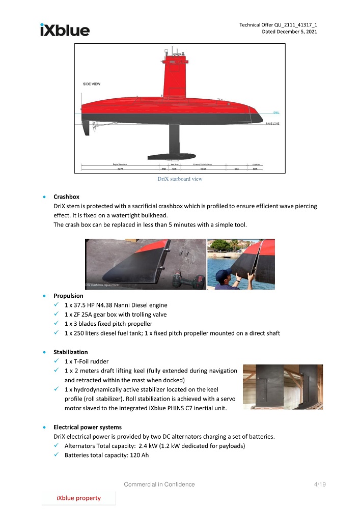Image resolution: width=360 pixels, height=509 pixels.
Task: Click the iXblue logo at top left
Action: click(65, 30)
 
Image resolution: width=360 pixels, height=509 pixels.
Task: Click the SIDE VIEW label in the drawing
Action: click(92, 83)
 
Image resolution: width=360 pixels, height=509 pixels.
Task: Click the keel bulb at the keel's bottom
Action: click(173, 157)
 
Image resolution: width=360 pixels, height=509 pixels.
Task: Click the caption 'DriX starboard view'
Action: click(180, 179)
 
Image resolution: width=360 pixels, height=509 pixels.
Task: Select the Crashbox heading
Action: click(66, 196)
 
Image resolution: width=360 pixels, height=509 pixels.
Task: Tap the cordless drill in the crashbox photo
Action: click(192, 279)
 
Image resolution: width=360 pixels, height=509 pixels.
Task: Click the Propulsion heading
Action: click(68, 295)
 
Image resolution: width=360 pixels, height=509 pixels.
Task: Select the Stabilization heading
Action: click(71, 352)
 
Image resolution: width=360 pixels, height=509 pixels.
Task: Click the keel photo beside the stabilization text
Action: click(283, 386)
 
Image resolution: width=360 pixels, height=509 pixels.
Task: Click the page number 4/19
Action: click(319, 484)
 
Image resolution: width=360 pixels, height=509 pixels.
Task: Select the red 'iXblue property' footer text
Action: click(78, 498)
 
